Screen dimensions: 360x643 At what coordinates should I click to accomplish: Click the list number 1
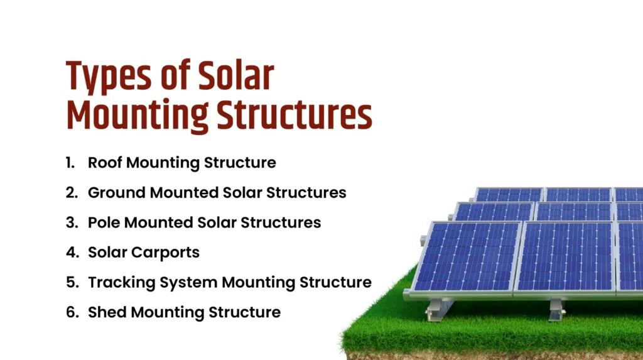coord(70,163)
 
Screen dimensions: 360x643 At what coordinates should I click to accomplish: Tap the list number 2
coord(71,192)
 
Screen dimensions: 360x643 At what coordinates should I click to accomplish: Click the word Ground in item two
coord(116,192)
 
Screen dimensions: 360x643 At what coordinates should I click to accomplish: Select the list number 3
coord(71,222)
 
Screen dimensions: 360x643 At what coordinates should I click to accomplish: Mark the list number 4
coord(71,253)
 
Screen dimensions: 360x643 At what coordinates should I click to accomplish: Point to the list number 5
coord(71,282)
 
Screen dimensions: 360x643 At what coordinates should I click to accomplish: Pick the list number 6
coord(71,312)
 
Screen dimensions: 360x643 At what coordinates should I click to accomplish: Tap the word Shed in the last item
coord(107,312)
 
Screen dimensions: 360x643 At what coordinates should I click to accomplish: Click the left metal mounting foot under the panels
coord(439,308)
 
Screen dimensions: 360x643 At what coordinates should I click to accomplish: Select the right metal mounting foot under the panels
coord(556,308)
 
